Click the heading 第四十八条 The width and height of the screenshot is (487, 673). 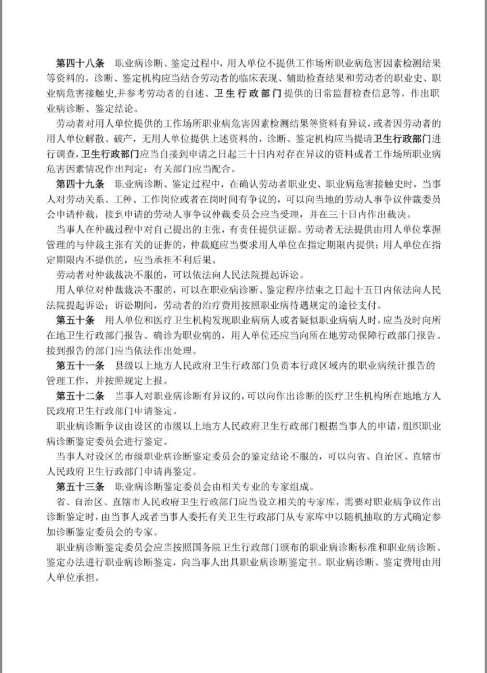tap(80, 63)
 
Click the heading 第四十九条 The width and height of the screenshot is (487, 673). tap(80, 184)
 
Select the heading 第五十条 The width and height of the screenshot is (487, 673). tap(75, 320)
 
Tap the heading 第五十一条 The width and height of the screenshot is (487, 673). tap(80, 366)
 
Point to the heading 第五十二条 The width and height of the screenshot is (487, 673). tap(80, 396)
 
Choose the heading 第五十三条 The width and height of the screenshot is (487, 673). tap(80, 487)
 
